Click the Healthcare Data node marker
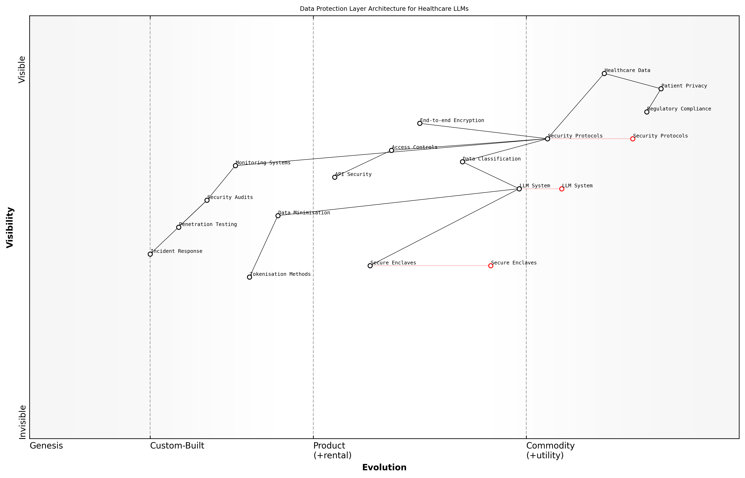click(x=604, y=74)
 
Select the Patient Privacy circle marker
click(x=661, y=89)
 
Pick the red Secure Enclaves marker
click(x=491, y=266)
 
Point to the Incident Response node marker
click(x=150, y=254)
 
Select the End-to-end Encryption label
click(x=452, y=120)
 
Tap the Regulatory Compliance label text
click(x=679, y=109)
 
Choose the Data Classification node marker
click(x=462, y=162)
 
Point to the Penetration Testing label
click(x=208, y=224)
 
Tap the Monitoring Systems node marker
click(x=236, y=166)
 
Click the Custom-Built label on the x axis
click(x=177, y=446)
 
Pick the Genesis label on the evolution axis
click(x=46, y=446)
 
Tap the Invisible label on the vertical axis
click(x=22, y=422)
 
